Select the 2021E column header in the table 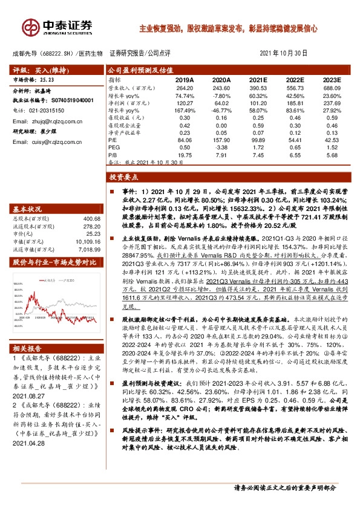coord(258,79)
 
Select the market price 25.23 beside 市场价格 coord(48,79)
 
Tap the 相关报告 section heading coord(27,349)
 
